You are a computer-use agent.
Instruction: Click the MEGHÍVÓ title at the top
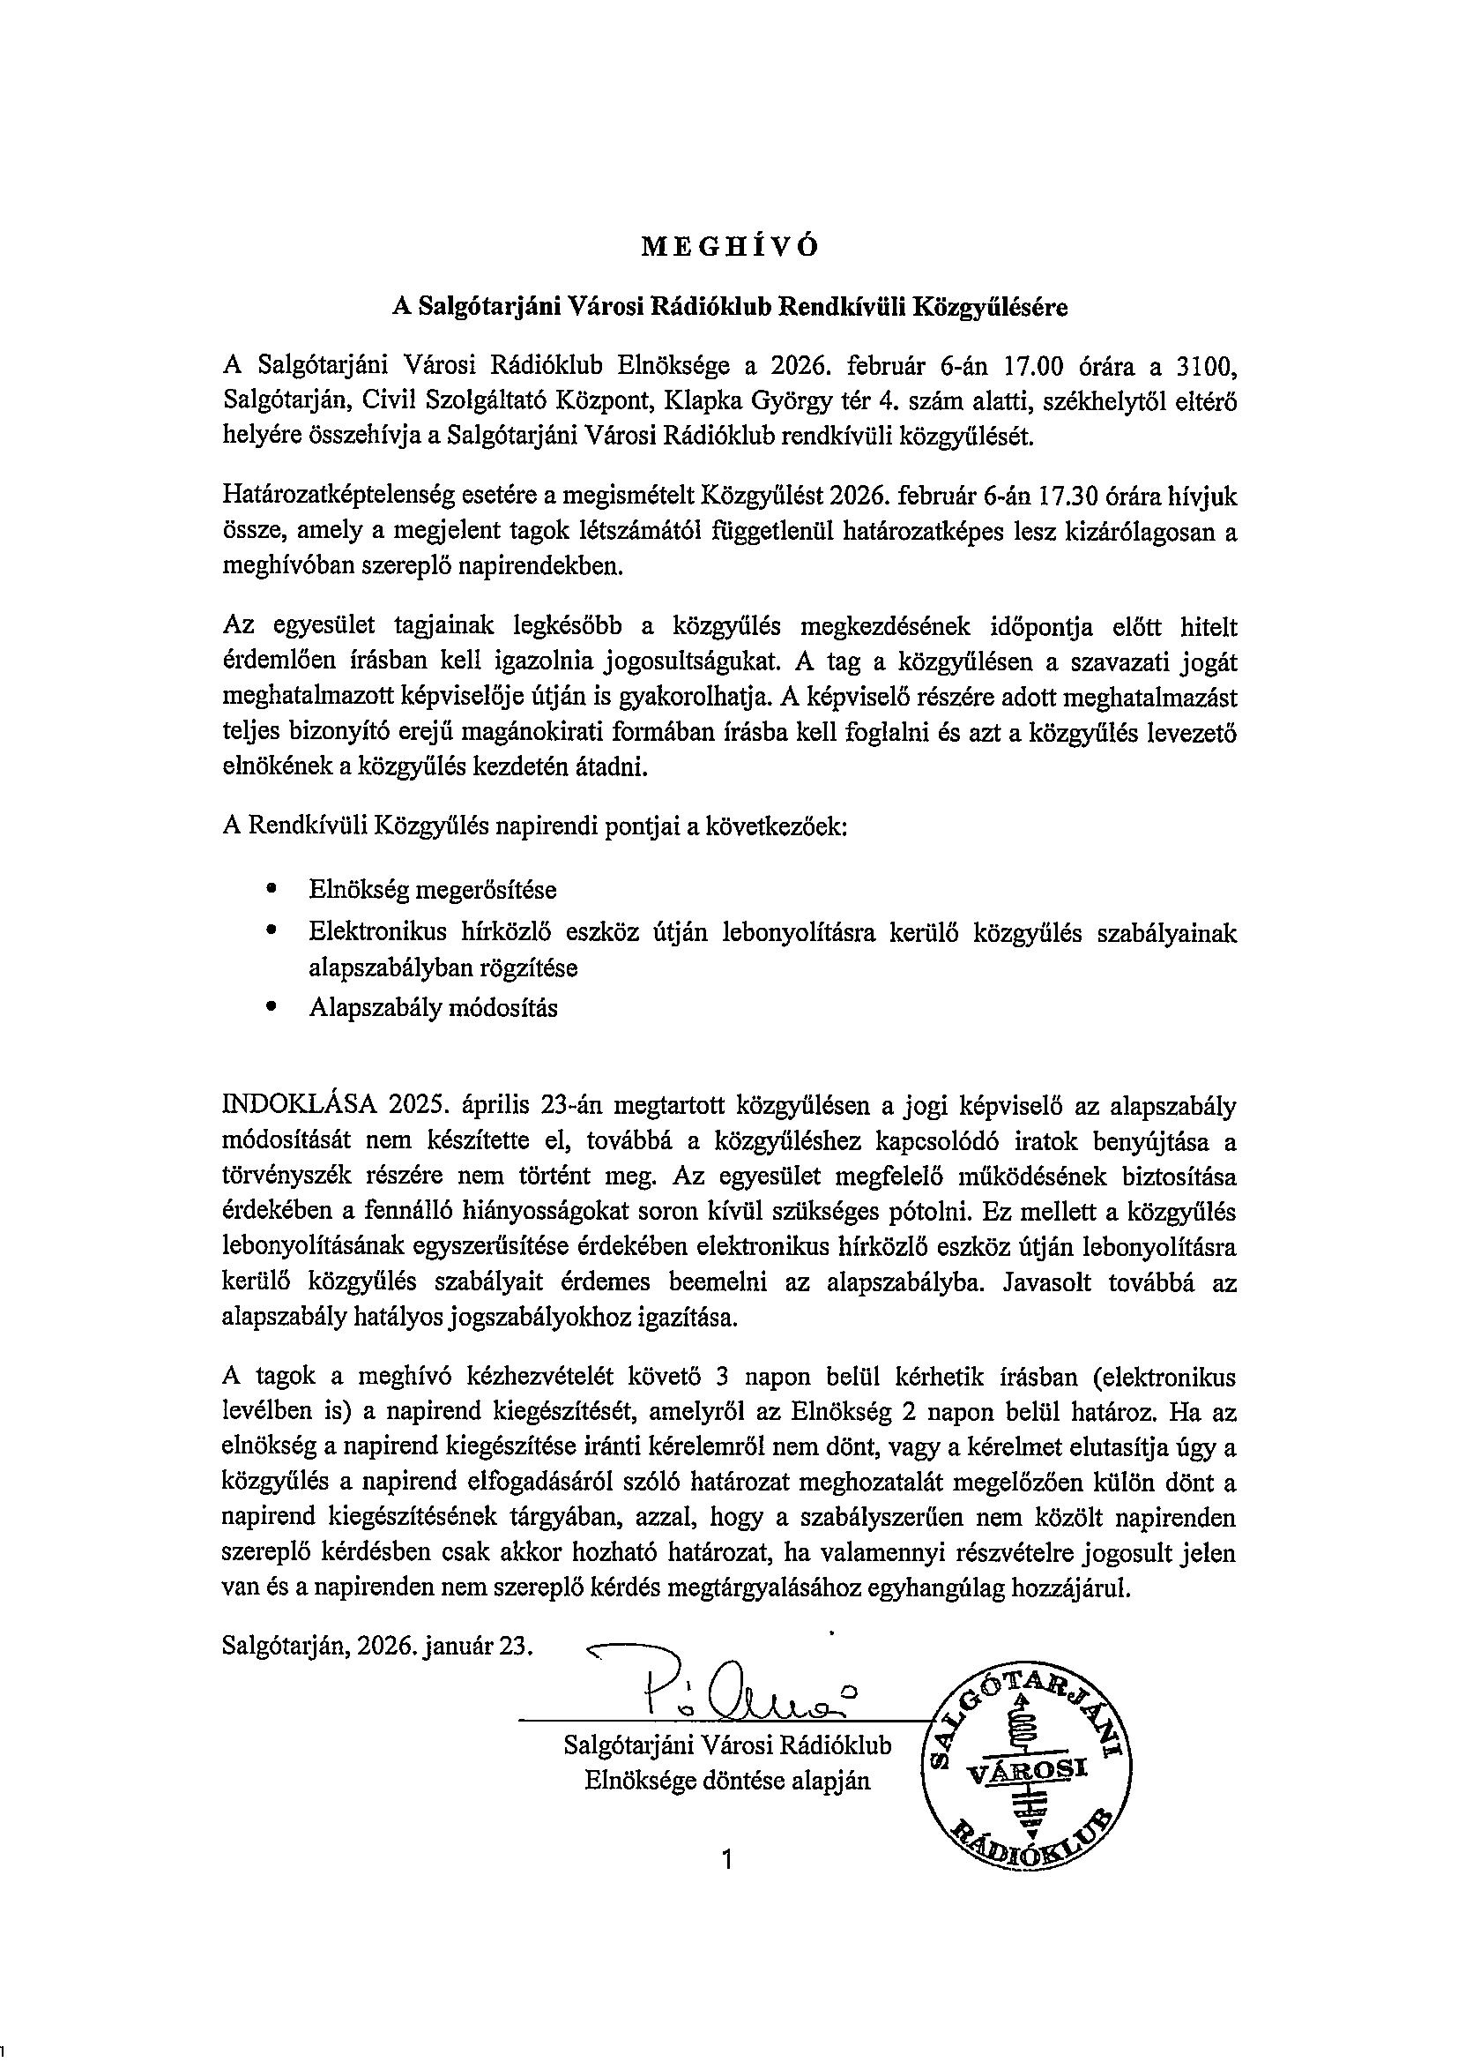click(729, 249)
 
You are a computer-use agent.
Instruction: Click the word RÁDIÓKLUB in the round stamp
click(1032, 1846)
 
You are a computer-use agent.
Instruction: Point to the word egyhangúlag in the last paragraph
click(934, 1588)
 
